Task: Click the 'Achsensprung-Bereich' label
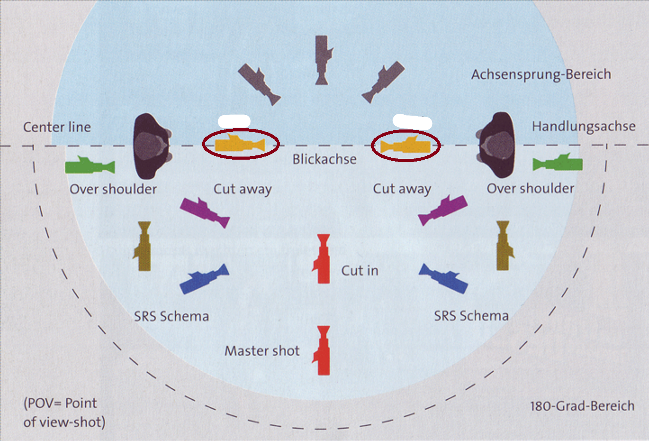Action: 541,74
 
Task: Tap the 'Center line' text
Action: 57,127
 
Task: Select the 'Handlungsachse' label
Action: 583,126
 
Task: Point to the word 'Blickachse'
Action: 324,159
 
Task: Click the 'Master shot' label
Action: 262,351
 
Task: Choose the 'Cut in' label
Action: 360,271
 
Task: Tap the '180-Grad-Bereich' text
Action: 582,406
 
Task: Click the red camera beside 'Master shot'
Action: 323,351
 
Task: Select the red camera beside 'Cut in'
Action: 322,259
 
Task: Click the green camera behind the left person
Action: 90,165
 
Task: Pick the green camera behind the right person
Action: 558,163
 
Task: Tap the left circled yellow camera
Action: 240,144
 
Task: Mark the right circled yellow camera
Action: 406,146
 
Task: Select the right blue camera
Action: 443,278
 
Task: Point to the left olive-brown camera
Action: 144,246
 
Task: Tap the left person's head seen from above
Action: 151,146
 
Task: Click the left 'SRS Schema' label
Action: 171,316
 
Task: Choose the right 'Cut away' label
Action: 402,189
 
